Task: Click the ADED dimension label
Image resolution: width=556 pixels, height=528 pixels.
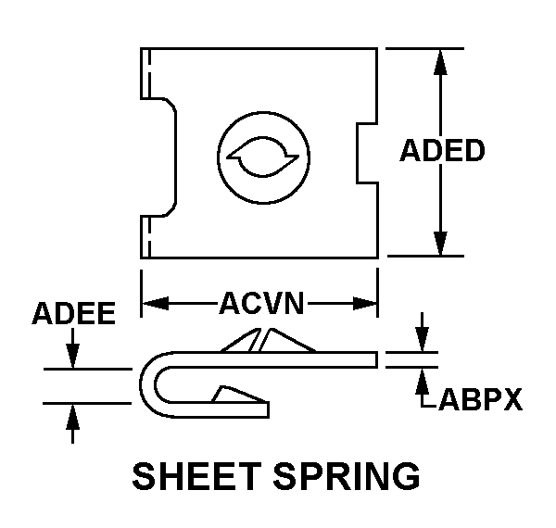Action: (442, 150)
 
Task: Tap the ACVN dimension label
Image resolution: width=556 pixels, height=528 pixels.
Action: (261, 303)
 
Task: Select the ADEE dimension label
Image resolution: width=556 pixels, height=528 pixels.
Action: (74, 313)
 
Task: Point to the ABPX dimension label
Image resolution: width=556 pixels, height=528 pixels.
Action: (480, 399)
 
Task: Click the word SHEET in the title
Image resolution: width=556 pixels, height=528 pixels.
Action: (197, 476)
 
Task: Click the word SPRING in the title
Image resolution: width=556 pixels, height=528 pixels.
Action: (347, 476)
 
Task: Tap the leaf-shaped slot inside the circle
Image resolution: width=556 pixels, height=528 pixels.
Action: (262, 157)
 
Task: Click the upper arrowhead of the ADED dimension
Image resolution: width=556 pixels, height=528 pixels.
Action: (440, 62)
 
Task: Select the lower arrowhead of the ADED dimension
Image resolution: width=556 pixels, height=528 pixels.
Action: (440, 243)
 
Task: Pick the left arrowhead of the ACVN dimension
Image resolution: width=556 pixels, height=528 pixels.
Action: (156, 304)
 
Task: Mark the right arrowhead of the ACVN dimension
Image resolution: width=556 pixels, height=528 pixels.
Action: (364, 304)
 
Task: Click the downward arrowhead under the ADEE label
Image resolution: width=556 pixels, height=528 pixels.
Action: (72, 356)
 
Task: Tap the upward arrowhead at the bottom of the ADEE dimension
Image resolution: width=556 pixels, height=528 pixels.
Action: (72, 417)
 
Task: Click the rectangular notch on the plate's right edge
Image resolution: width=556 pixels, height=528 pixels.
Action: (367, 153)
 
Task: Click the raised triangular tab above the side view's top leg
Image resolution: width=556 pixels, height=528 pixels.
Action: (268, 340)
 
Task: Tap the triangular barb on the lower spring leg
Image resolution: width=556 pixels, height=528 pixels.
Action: (239, 394)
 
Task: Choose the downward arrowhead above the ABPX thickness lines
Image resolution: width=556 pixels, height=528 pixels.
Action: (422, 339)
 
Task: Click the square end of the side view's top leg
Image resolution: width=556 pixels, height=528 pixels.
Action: (376, 359)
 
